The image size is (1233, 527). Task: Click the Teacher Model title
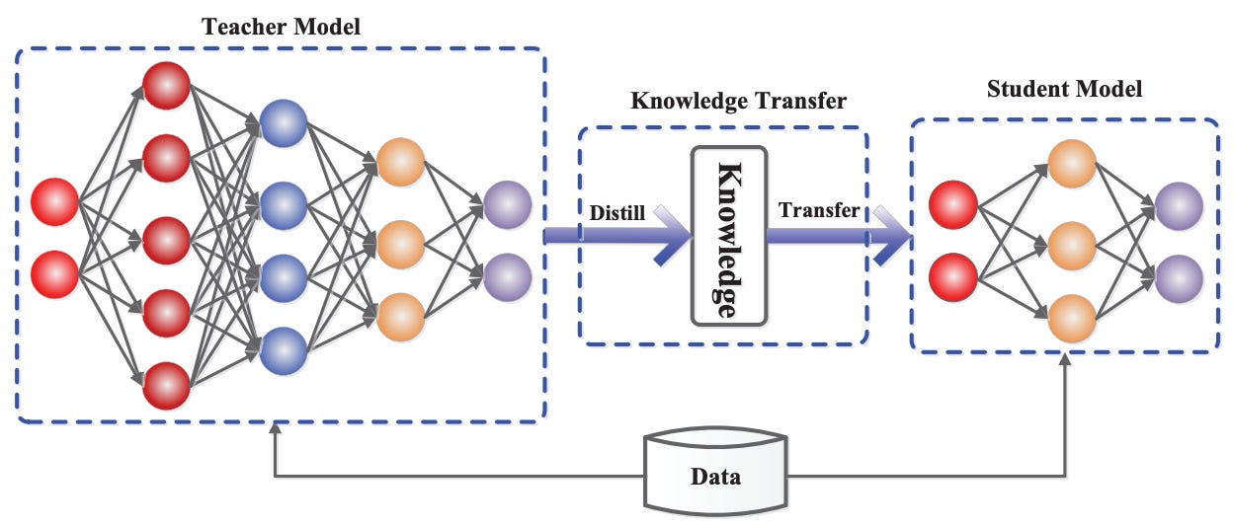(281, 26)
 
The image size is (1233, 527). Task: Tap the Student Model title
(1064, 89)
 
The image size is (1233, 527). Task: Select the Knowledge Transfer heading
(738, 101)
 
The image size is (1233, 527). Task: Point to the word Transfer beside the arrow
(819, 210)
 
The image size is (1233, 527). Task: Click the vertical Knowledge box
(729, 236)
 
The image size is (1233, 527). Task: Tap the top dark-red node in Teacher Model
(167, 87)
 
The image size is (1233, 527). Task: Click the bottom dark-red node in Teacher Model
(167, 386)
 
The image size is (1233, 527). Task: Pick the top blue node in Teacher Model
(284, 126)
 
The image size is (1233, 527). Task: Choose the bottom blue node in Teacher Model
(284, 349)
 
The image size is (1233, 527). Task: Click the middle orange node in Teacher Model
(400, 242)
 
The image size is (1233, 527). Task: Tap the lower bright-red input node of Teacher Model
(55, 275)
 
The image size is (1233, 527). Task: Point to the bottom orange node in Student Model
(1073, 318)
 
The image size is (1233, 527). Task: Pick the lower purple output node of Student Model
(1179, 278)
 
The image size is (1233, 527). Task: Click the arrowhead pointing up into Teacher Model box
(275, 430)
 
